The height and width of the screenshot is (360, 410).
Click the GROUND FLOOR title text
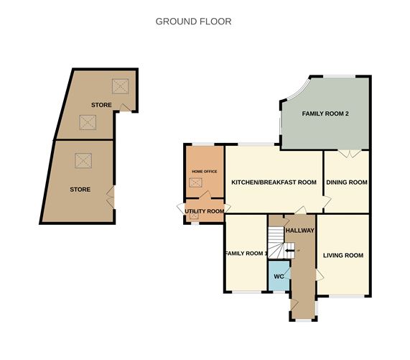point(193,22)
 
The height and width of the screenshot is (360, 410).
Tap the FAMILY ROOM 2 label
point(325,114)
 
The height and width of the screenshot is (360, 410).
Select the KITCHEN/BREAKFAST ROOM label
point(274,183)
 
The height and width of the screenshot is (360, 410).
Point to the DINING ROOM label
point(347,183)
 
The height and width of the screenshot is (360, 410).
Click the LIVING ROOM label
point(343,255)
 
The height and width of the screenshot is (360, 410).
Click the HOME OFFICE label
point(203,171)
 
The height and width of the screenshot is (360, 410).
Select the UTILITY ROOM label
point(205,211)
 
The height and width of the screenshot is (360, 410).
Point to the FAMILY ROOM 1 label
point(246,254)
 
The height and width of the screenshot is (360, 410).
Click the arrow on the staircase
point(289,250)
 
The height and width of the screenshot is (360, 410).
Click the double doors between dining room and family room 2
point(348,153)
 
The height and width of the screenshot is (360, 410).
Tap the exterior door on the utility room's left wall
point(181,208)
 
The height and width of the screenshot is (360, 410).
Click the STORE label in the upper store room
point(101,106)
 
